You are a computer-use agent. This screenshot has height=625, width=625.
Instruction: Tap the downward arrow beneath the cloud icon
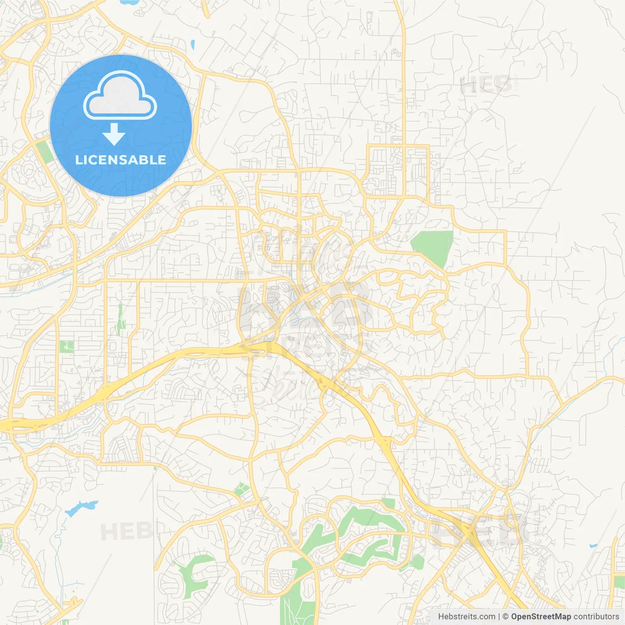point(114,134)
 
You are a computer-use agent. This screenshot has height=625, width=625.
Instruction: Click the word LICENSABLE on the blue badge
point(121,160)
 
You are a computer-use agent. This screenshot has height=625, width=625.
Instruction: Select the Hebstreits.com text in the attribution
point(466,617)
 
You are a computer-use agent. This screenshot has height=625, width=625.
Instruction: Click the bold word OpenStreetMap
point(541,617)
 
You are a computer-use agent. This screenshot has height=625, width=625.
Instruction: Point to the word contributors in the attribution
point(596,617)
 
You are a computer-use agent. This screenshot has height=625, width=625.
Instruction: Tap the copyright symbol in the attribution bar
point(506,617)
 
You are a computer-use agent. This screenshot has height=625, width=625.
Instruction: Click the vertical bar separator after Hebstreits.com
point(499,617)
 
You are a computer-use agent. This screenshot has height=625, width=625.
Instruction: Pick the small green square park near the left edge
point(66,346)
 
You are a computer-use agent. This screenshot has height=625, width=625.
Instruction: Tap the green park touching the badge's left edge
point(44,152)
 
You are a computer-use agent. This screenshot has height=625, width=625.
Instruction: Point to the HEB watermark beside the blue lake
point(126,531)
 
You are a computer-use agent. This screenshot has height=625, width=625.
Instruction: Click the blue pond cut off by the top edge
point(128,2)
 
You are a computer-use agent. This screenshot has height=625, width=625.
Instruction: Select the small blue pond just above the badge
point(193,45)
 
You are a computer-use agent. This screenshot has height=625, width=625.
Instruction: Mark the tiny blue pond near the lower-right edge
point(593,545)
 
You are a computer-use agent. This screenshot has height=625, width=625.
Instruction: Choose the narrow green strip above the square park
point(120,318)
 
